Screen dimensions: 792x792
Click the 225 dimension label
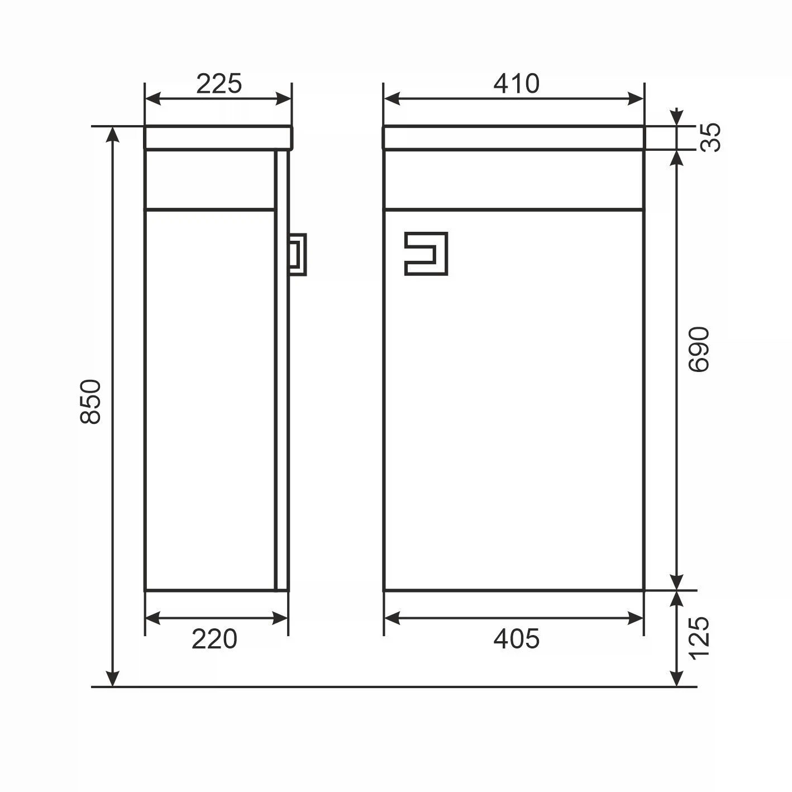[218, 84]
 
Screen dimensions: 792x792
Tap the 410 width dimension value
[516, 84]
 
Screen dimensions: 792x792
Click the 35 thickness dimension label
[710, 137]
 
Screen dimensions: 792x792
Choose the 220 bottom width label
[214, 639]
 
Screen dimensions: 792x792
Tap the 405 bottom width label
[516, 639]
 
